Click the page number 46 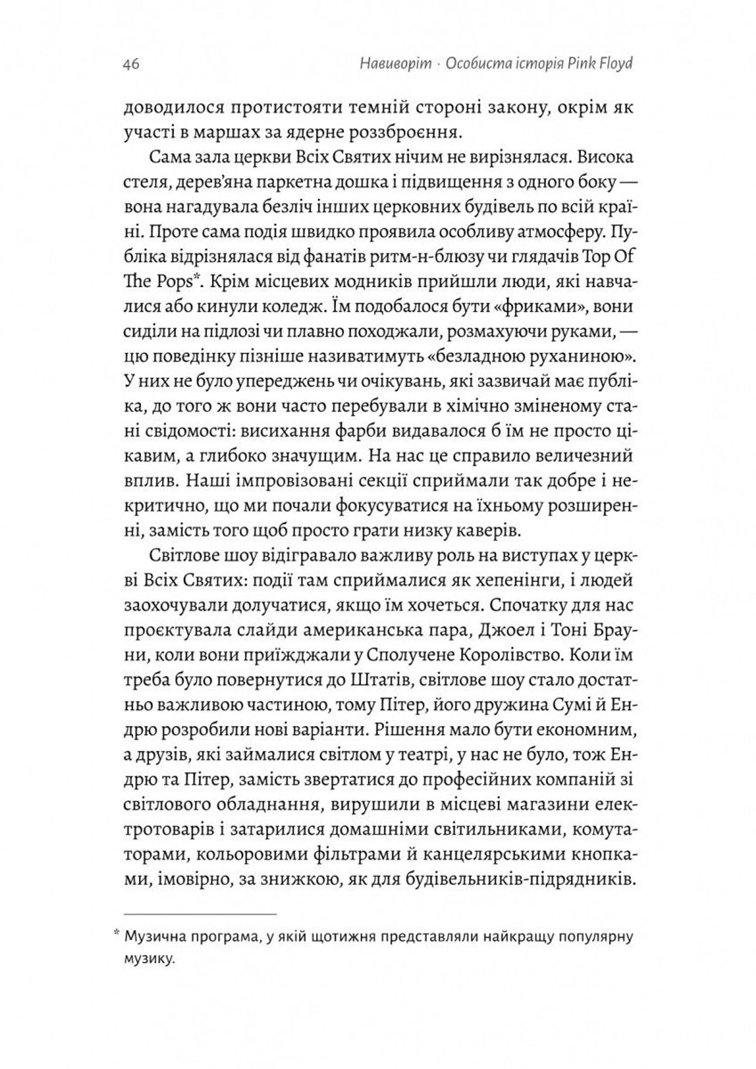131,64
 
